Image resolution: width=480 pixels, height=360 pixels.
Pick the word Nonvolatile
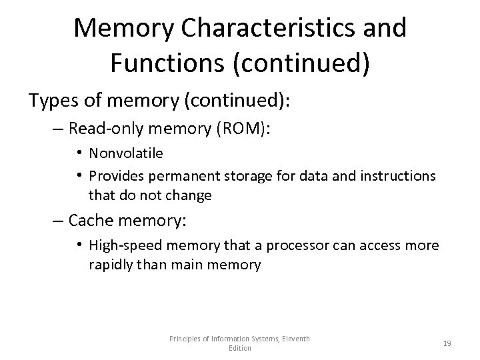tap(126, 153)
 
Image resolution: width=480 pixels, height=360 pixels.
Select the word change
tap(189, 195)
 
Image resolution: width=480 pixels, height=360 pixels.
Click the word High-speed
tap(122, 246)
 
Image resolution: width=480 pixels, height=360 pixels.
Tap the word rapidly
tap(109, 265)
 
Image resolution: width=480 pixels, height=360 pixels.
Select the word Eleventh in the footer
tap(292, 339)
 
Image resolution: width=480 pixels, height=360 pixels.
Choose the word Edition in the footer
tap(239, 348)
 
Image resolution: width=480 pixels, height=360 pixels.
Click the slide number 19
tap(447, 343)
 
